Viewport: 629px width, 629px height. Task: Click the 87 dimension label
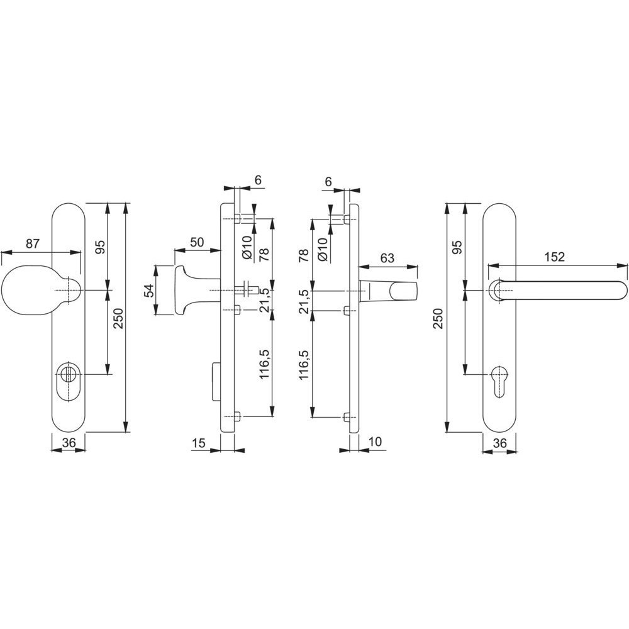pyautogui.click(x=33, y=244)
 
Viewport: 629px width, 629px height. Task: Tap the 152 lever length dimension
pyautogui.click(x=555, y=257)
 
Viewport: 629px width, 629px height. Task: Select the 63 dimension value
pyautogui.click(x=387, y=258)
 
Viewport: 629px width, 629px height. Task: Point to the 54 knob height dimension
pyautogui.click(x=149, y=291)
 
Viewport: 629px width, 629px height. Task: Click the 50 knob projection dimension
pyautogui.click(x=197, y=242)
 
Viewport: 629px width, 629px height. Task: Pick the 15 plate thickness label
pyautogui.click(x=199, y=443)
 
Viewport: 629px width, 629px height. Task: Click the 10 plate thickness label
pyautogui.click(x=375, y=442)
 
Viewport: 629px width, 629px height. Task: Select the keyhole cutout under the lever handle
pyautogui.click(x=499, y=381)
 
